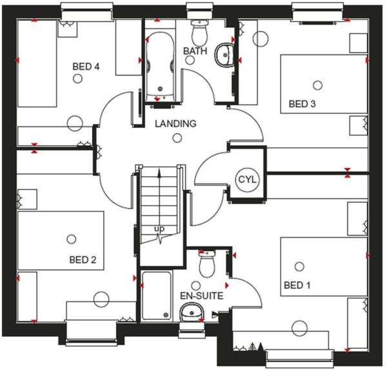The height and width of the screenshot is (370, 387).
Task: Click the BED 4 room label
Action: tap(85, 65)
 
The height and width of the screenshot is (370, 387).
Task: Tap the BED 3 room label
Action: tap(302, 103)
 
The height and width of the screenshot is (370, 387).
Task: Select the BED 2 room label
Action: tap(83, 260)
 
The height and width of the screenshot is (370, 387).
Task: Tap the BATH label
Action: tap(195, 51)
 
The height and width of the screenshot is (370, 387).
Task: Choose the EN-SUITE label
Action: tap(201, 296)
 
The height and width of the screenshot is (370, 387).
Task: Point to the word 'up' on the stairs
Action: tap(158, 229)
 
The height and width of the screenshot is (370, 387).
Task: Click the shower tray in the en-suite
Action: tap(156, 294)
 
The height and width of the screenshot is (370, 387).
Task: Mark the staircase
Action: tap(158, 207)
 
